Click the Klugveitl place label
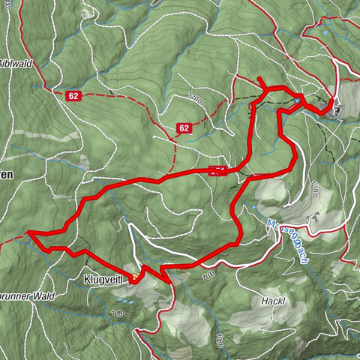click(x=103, y=280)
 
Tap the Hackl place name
click(x=274, y=301)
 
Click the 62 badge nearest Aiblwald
click(x=73, y=95)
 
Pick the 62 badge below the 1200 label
click(x=184, y=128)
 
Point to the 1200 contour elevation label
click(x=196, y=98)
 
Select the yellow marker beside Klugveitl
click(x=133, y=277)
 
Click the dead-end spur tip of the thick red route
click(x=259, y=79)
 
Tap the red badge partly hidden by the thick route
click(x=217, y=169)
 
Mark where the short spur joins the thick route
click(x=266, y=89)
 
